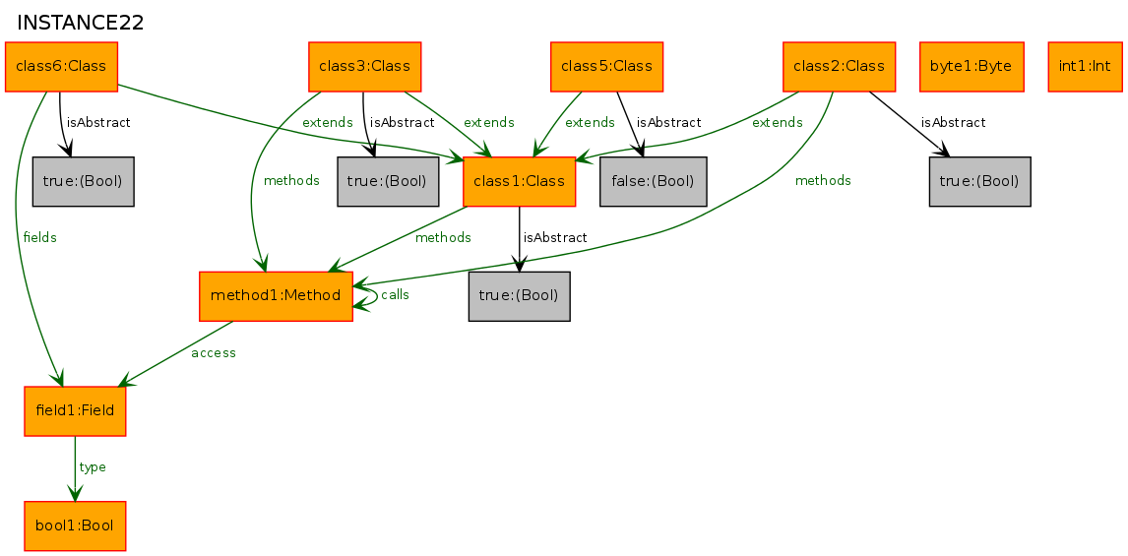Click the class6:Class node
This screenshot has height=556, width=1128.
[61, 67]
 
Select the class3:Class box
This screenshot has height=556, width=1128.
[365, 67]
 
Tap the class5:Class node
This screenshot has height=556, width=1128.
[606, 67]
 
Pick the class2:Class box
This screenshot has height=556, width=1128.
[839, 67]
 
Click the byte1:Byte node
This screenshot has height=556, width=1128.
[971, 67]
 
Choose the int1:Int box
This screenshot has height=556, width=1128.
[1086, 67]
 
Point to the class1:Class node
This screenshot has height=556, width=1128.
[520, 181]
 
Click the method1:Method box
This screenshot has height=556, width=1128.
[276, 295]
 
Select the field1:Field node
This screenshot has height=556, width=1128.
[75, 410]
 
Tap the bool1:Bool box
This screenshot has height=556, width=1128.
[75, 525]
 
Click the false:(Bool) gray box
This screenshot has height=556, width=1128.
[654, 181]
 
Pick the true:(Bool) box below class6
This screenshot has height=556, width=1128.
[84, 181]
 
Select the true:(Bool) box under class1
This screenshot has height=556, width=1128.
[520, 295]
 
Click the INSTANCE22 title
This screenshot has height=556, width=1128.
[80, 23]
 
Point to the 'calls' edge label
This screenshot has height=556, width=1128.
[395, 294]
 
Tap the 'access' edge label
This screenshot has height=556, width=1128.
[214, 352]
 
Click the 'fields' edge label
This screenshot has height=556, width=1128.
[39, 237]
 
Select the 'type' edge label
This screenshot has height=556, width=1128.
[93, 467]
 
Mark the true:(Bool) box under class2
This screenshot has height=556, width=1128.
[979, 181]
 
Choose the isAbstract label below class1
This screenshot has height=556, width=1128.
[554, 237]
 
